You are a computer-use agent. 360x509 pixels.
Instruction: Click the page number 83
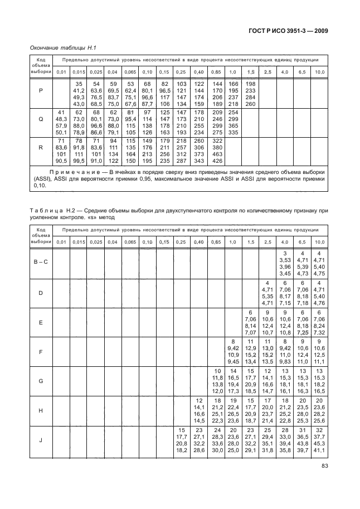tap(321, 483)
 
